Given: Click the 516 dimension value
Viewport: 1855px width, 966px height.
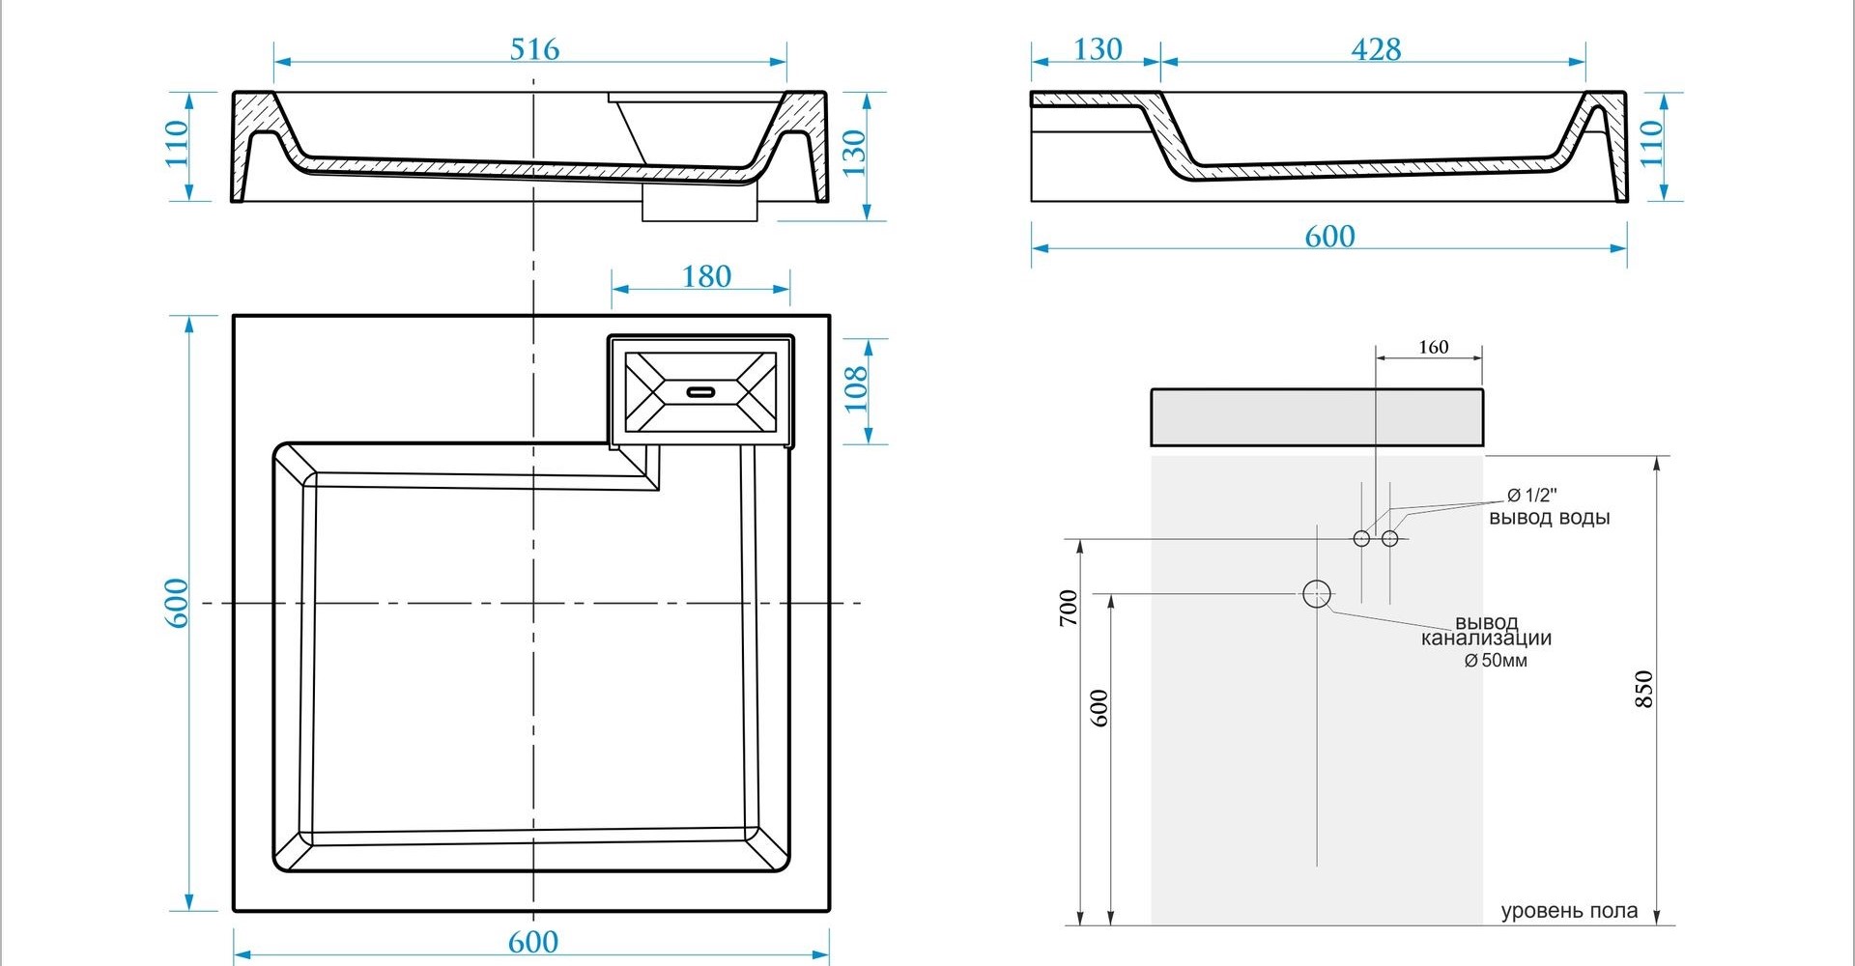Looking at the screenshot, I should [534, 49].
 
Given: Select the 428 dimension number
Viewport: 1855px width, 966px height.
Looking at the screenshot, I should [1376, 49].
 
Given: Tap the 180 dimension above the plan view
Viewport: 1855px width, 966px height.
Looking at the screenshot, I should [706, 277].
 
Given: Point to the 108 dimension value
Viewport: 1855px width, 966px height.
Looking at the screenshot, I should [857, 389].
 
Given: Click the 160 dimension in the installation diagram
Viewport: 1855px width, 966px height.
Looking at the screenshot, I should [1434, 347].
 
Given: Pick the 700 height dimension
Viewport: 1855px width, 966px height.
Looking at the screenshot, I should [1069, 608].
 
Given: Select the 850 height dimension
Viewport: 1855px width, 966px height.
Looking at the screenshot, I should [1644, 689].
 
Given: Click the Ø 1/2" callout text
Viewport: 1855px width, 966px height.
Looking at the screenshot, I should [1532, 496].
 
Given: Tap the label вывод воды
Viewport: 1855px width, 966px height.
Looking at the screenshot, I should [1549, 518].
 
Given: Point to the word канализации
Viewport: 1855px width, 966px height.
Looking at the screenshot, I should [1486, 639].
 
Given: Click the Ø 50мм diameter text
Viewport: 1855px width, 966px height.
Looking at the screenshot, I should [1496, 661].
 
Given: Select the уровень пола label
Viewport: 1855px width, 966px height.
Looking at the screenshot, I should [1569, 911].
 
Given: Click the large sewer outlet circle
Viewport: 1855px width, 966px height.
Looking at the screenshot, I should [1317, 594].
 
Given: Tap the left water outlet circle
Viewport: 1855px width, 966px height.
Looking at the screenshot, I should [1361, 538].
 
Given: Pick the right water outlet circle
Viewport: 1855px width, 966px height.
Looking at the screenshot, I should [1390, 538].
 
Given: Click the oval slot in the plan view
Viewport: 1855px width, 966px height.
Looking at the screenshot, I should [700, 392].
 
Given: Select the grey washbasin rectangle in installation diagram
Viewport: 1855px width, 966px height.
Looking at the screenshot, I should [1317, 417].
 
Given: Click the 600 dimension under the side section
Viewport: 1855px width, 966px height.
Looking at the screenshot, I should [1329, 237].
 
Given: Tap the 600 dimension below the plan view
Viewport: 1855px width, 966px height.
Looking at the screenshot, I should [532, 942].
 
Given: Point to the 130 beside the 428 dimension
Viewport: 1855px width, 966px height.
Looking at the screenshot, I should [1098, 49].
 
